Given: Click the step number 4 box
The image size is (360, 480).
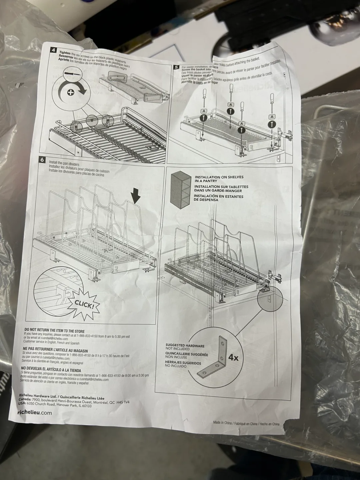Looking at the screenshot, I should coord(53,50).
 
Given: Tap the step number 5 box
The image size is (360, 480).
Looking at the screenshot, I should coord(176,67).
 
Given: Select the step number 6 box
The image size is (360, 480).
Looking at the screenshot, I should coord(42,160).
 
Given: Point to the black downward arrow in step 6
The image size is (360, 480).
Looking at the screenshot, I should coord(135,198).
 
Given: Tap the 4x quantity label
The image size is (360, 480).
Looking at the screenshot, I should coord(233,357).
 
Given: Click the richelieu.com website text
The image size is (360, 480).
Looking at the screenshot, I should coord(34,412).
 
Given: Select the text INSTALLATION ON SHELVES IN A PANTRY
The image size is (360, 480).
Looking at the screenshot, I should coord(219,179).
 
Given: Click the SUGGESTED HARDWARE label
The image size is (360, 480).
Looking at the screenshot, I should coord(185,346).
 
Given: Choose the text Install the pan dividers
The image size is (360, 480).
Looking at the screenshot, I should coord(64,162).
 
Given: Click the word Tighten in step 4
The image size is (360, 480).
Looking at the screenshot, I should coord(65,53).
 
